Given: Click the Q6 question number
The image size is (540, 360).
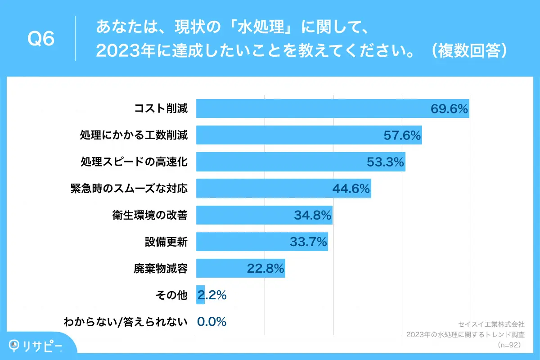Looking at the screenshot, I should click(x=41, y=39).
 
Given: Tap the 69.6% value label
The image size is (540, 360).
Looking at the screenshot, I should click(x=449, y=109).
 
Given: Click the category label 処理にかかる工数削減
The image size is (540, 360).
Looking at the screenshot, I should click(x=134, y=135).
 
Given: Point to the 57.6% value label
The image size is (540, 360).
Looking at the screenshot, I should click(x=402, y=135).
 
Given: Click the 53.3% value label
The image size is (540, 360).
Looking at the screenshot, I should click(x=385, y=162).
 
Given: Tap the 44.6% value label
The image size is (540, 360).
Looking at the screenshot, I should click(x=351, y=189).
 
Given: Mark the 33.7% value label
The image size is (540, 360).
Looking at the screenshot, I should click(x=308, y=242).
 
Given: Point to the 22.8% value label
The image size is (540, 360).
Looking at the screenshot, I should click(x=265, y=269).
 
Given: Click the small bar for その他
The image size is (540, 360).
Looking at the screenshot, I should click(x=200, y=295).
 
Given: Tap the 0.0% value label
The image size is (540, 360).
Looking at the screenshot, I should click(x=211, y=322).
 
